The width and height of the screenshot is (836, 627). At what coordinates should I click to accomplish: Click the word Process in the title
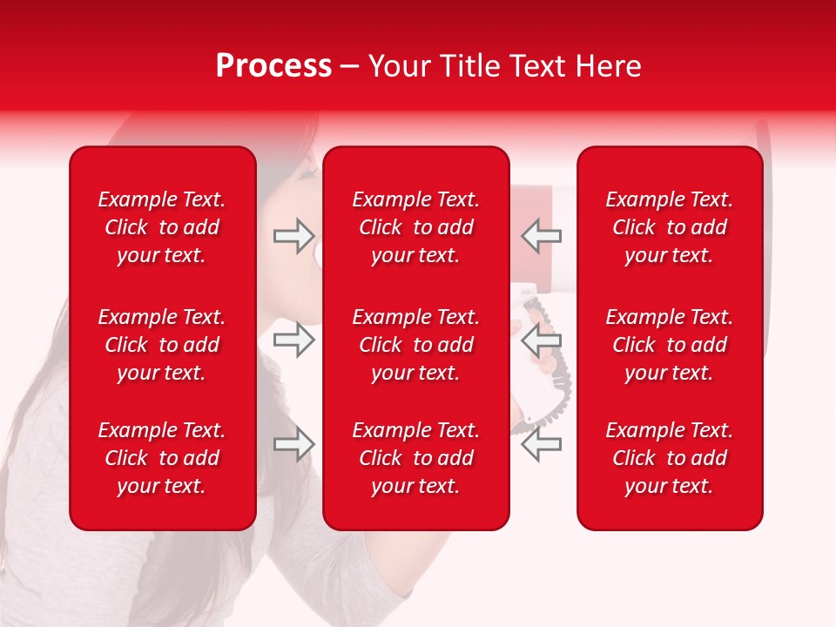(x=273, y=66)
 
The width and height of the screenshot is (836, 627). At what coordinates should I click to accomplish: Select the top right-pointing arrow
(x=293, y=236)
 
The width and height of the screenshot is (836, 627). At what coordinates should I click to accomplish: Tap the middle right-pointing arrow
(x=293, y=340)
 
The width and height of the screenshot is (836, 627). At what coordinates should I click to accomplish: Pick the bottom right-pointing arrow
(x=293, y=444)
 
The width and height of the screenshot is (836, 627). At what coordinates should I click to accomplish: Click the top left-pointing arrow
(x=541, y=236)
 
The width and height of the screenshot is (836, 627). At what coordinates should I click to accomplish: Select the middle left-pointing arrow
(x=541, y=340)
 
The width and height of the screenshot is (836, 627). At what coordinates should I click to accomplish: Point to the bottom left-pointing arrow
(x=541, y=444)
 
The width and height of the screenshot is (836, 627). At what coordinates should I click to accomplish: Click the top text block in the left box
(x=162, y=227)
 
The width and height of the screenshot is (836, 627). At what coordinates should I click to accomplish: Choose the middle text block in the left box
(x=162, y=345)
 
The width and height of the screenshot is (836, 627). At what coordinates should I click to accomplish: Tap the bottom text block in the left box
(x=162, y=458)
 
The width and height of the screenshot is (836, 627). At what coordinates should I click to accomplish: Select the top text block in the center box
(x=415, y=227)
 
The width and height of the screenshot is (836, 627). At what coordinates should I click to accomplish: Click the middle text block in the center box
(x=415, y=345)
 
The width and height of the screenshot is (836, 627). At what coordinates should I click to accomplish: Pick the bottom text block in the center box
(x=415, y=458)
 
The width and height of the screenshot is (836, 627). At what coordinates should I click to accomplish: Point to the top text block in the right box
(x=669, y=227)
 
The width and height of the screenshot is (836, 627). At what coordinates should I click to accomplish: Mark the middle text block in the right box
(x=669, y=345)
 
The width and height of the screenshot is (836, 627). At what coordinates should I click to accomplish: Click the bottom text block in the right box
(x=669, y=458)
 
